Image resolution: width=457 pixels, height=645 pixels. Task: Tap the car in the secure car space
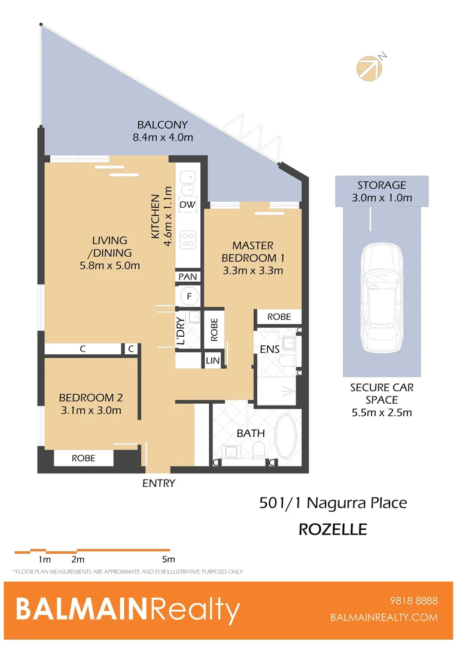381,298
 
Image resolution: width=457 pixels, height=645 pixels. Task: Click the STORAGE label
382,185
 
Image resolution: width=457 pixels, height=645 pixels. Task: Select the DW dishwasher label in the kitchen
187,205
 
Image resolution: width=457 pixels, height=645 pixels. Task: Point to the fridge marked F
190,296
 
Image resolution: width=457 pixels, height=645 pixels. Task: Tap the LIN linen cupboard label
212,361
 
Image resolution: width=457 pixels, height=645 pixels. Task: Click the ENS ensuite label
270,349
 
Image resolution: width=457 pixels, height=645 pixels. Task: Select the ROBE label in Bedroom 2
84,458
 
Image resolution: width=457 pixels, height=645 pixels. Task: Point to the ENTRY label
159,483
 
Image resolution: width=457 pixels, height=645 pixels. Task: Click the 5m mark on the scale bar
168,560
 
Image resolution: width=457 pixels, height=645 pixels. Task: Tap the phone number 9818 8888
413,601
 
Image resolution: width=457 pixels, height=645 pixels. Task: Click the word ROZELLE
333,529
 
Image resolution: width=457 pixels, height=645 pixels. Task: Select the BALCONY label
163,125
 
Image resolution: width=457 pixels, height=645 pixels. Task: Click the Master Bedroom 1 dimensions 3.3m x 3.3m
252,271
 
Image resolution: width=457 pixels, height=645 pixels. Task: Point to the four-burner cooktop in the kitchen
188,239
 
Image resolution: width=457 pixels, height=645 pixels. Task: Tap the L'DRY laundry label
181,331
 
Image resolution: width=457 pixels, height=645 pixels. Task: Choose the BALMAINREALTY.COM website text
384,618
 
